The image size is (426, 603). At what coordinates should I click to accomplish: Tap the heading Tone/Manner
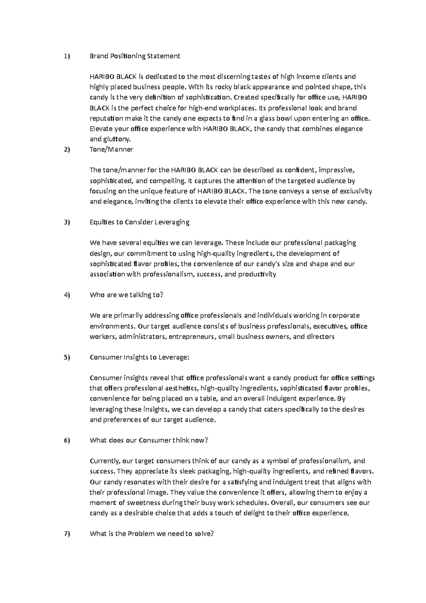tap(111, 150)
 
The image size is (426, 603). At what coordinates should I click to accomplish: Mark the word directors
tap(321, 337)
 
